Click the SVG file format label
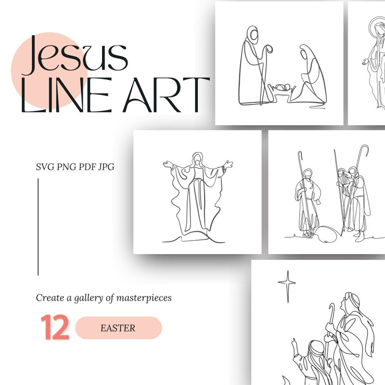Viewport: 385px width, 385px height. [x=46, y=167]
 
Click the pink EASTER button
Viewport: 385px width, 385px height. [x=118, y=328]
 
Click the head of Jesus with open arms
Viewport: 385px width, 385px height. [x=197, y=159]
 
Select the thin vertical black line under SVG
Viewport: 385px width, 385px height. [x=38, y=226]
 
